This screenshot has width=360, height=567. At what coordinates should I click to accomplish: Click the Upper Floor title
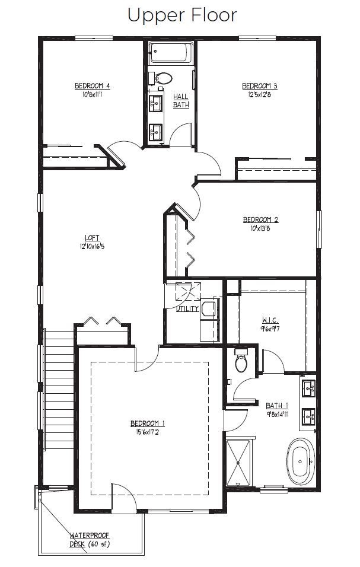[x=182, y=15]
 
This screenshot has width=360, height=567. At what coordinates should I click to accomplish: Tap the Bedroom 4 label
[x=93, y=85]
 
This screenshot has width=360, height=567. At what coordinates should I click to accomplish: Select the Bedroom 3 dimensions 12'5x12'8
[x=260, y=94]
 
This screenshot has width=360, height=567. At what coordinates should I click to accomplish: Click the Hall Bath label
[x=181, y=100]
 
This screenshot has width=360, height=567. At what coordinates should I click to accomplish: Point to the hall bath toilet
[x=163, y=77]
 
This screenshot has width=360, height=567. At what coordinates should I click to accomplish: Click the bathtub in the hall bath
[x=171, y=53]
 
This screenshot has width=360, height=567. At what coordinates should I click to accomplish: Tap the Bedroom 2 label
[x=260, y=219]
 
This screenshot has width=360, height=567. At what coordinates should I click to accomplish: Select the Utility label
[x=188, y=308]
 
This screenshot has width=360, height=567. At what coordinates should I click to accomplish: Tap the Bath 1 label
[x=277, y=406]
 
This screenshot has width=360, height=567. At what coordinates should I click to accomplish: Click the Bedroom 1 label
[x=148, y=423]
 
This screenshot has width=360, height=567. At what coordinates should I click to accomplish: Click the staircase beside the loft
[x=59, y=391]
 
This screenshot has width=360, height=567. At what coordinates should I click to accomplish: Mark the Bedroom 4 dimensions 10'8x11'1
[x=93, y=94]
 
